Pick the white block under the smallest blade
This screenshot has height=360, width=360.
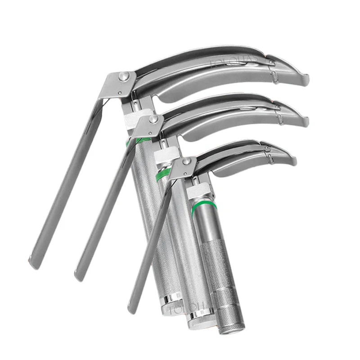point(196,193)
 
